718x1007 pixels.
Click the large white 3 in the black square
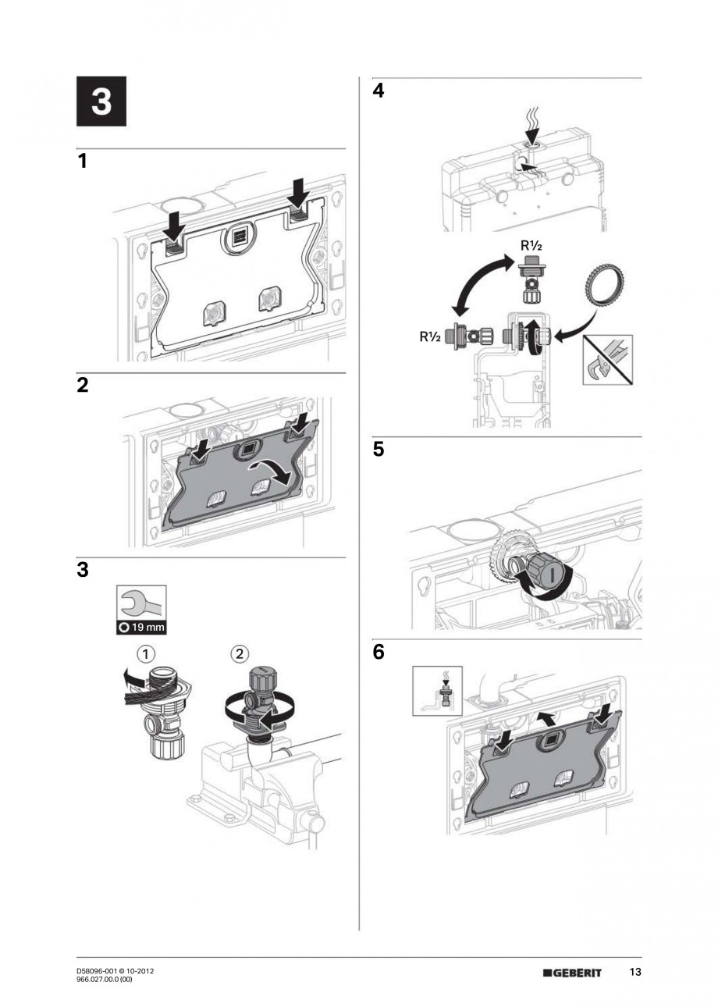point(101,102)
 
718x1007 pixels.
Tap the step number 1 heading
point(82,162)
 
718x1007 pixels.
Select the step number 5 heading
point(379,450)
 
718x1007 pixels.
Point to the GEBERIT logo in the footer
point(576,973)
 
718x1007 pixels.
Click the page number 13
point(635,973)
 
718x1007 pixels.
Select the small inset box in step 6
point(437,690)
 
